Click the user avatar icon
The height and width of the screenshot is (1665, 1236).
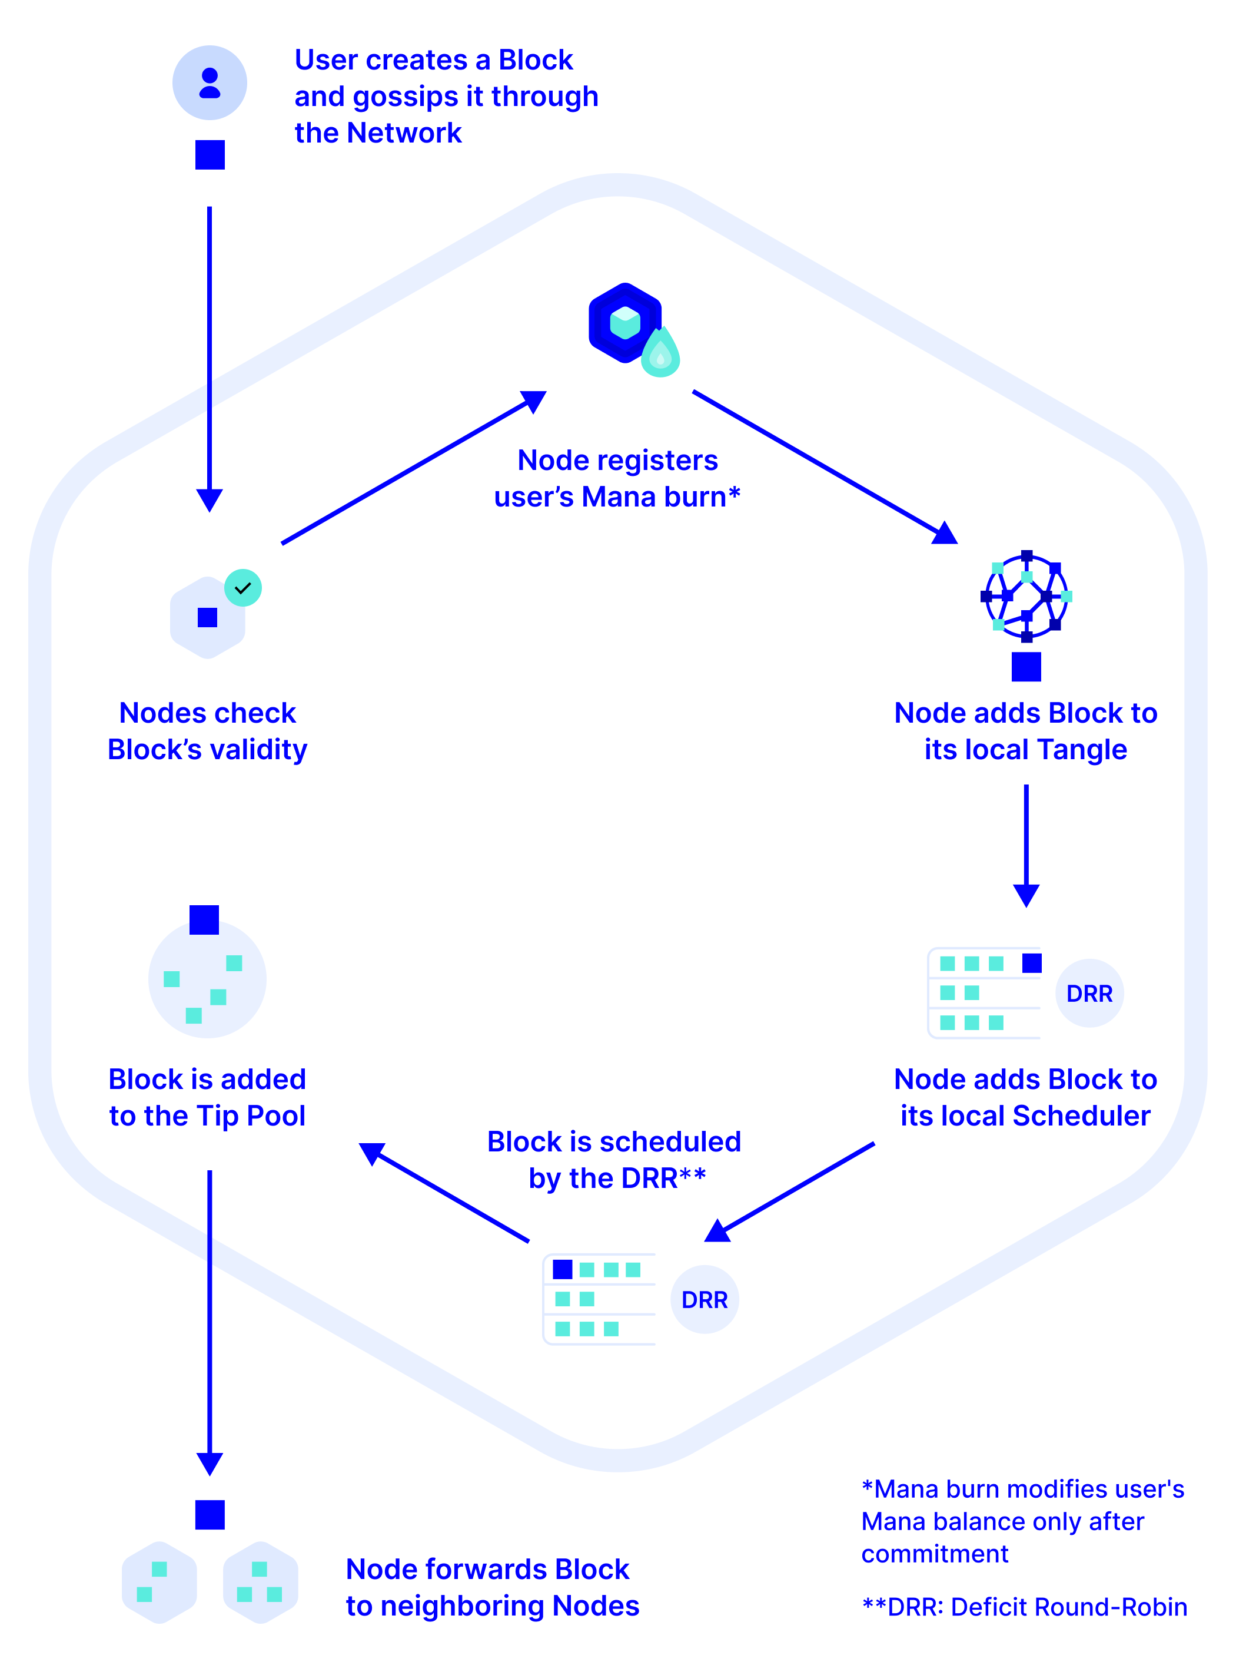tap(210, 83)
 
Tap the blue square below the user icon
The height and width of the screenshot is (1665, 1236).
tap(210, 155)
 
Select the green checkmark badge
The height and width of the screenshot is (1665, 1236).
tap(243, 588)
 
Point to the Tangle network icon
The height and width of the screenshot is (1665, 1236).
tap(1026, 596)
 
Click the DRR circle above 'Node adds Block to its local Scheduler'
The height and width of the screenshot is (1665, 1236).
tap(1089, 994)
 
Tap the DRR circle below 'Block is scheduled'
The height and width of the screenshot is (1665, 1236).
tap(704, 1300)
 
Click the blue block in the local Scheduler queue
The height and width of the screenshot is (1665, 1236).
tap(1032, 963)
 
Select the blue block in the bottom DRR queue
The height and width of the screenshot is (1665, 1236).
tap(563, 1269)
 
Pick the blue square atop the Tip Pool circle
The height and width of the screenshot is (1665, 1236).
tap(204, 920)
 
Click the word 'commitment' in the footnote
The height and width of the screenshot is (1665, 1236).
tap(935, 1554)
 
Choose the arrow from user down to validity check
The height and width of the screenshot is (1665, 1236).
tap(210, 359)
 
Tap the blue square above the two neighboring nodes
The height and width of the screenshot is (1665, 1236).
tap(210, 1515)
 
